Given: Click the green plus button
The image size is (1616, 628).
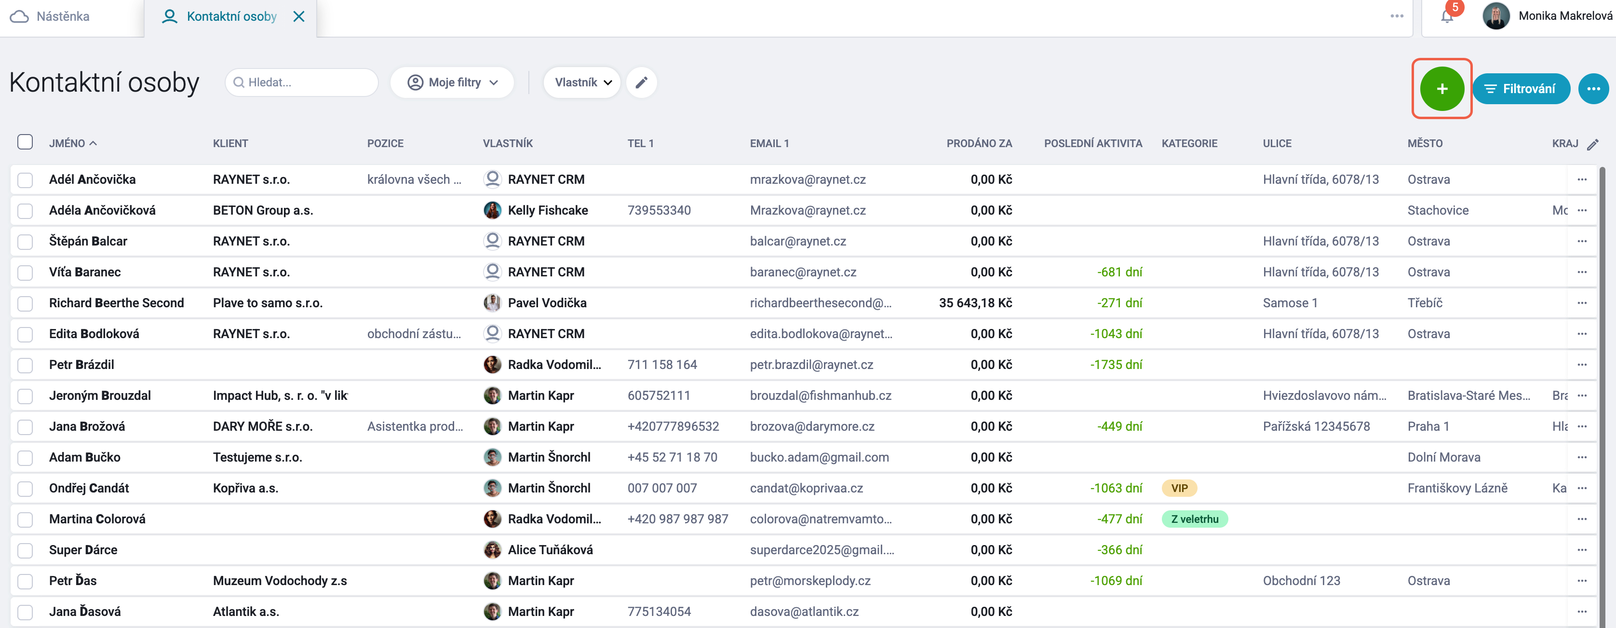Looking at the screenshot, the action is [x=1441, y=88].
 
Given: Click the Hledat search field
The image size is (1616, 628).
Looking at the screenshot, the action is [x=302, y=82].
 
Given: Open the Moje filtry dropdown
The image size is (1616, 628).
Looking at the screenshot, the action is [x=452, y=82].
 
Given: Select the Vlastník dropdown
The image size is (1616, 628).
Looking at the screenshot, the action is [x=582, y=82].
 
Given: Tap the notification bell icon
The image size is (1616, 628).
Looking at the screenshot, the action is [x=1447, y=16].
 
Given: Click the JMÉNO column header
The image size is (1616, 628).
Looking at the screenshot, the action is [x=67, y=143].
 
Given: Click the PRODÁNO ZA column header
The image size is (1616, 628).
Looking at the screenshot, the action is [x=979, y=143].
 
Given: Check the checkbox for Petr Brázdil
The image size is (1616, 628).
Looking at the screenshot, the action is [x=25, y=365].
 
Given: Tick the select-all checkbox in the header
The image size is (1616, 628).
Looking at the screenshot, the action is [x=25, y=142].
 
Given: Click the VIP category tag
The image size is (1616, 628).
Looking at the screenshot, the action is [x=1179, y=488].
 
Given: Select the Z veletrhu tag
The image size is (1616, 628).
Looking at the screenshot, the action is [x=1195, y=519].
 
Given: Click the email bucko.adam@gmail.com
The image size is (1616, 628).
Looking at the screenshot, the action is [x=819, y=457].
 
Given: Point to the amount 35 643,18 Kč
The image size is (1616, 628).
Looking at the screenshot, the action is [x=975, y=303].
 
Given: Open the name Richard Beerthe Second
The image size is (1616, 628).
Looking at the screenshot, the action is [x=117, y=303].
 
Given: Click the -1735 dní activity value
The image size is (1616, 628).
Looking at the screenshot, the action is [x=1116, y=365].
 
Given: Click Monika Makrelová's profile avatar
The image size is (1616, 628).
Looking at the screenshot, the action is [x=1495, y=16].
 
